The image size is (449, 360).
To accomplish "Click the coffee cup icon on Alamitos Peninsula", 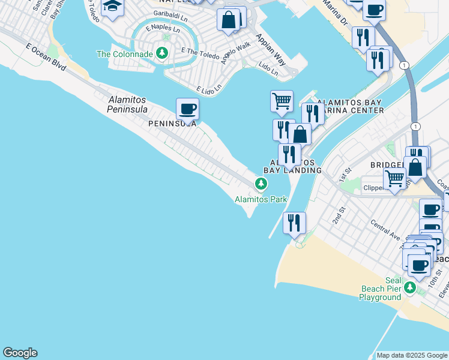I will coord(187,109).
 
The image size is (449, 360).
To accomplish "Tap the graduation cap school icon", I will coord(112,7).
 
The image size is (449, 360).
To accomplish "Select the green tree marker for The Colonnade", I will coord(161,54).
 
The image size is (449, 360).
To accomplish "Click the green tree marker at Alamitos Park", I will coord(261,184).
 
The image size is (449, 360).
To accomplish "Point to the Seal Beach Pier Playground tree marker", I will coord(410,287).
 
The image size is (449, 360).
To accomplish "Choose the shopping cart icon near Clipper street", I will coord(394,178).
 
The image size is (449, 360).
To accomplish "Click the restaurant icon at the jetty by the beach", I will coord(294,223).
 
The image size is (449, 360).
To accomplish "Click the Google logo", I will coord(20,353).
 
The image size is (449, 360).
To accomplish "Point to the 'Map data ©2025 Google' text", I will coord(411,355).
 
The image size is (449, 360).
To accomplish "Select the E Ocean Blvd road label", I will coord(46,55).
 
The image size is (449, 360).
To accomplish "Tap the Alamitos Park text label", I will coord(261,200).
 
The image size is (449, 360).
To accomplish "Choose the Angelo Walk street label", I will coord(235,54).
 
